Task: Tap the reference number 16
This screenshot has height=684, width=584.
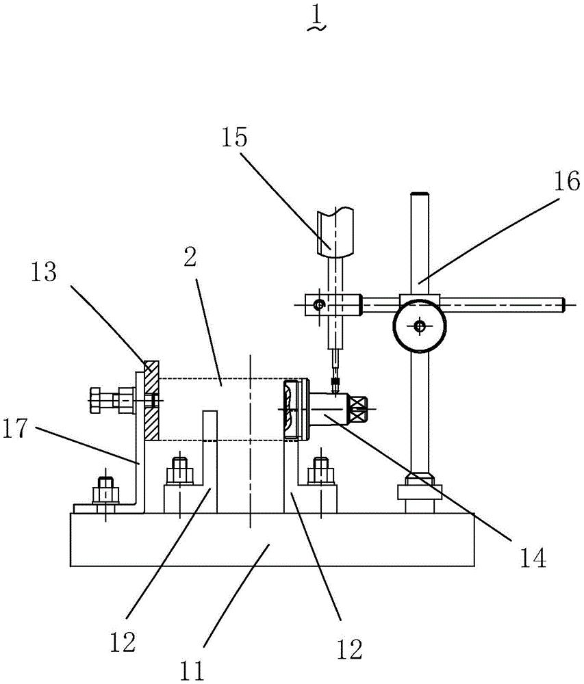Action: tap(567, 181)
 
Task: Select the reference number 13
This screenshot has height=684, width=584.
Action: tap(44, 272)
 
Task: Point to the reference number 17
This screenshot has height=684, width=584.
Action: tap(15, 428)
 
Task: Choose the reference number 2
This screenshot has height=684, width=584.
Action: tap(190, 258)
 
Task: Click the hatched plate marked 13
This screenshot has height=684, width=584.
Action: tap(151, 400)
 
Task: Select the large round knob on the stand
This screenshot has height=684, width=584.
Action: tap(420, 326)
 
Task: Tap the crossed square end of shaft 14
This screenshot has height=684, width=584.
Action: tap(358, 409)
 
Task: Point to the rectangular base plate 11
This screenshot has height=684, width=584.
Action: tap(272, 540)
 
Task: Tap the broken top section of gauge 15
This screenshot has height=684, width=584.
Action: tap(335, 231)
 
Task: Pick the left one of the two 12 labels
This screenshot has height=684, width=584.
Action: tap(123, 642)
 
